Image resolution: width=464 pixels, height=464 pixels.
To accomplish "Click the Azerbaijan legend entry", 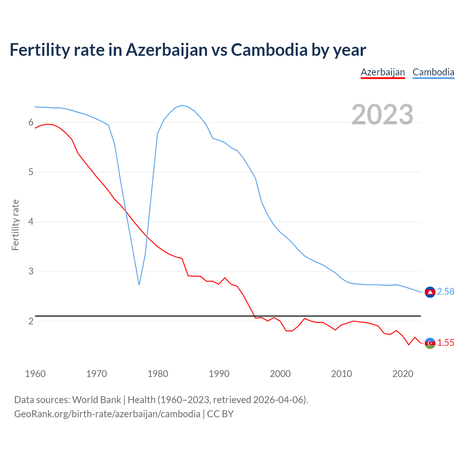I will pyautogui.click(x=382, y=72).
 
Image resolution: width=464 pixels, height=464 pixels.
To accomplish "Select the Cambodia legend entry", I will pyautogui.click(x=433, y=72).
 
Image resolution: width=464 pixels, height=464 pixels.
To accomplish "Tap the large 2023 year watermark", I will pyautogui.click(x=382, y=115).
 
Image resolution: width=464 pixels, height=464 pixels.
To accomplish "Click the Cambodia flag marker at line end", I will pyautogui.click(x=430, y=292).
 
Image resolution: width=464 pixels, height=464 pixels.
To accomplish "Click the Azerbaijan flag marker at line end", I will pyautogui.click(x=430, y=343).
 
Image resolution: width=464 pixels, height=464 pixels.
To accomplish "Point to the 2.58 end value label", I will pyautogui.click(x=446, y=292).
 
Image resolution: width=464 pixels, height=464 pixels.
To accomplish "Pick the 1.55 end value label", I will pyautogui.click(x=446, y=343).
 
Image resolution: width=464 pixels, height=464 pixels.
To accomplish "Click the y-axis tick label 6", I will pyautogui.click(x=31, y=123).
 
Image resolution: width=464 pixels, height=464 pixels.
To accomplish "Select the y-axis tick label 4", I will pyautogui.click(x=31, y=221).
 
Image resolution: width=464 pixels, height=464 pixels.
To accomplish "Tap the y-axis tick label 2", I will pyautogui.click(x=31, y=321).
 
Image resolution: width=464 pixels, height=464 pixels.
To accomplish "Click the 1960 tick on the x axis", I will pyautogui.click(x=35, y=374).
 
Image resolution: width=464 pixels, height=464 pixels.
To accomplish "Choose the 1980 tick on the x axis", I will pyautogui.click(x=158, y=374).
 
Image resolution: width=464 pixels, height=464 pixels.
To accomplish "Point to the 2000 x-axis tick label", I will pyautogui.click(x=280, y=374).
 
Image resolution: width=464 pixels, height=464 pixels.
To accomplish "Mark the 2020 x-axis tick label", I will pyautogui.click(x=403, y=374).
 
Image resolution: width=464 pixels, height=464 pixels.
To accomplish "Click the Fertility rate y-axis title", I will pyautogui.click(x=15, y=225).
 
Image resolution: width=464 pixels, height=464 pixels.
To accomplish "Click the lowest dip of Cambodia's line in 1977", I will pyautogui.click(x=139, y=285).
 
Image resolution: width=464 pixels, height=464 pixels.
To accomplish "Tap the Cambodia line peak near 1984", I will pyautogui.click(x=182, y=105).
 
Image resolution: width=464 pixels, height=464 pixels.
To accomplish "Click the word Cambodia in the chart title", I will pyautogui.click(x=269, y=50).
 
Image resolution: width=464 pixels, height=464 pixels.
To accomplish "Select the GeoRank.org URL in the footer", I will pyautogui.click(x=107, y=414).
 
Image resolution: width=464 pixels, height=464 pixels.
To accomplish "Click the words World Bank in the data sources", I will pyautogui.click(x=96, y=400).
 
